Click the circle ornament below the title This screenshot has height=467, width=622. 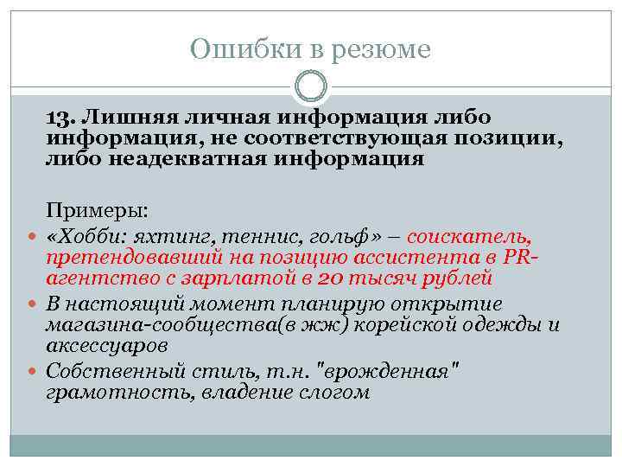[x=311, y=87]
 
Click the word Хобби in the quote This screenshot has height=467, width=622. [x=92, y=235]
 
